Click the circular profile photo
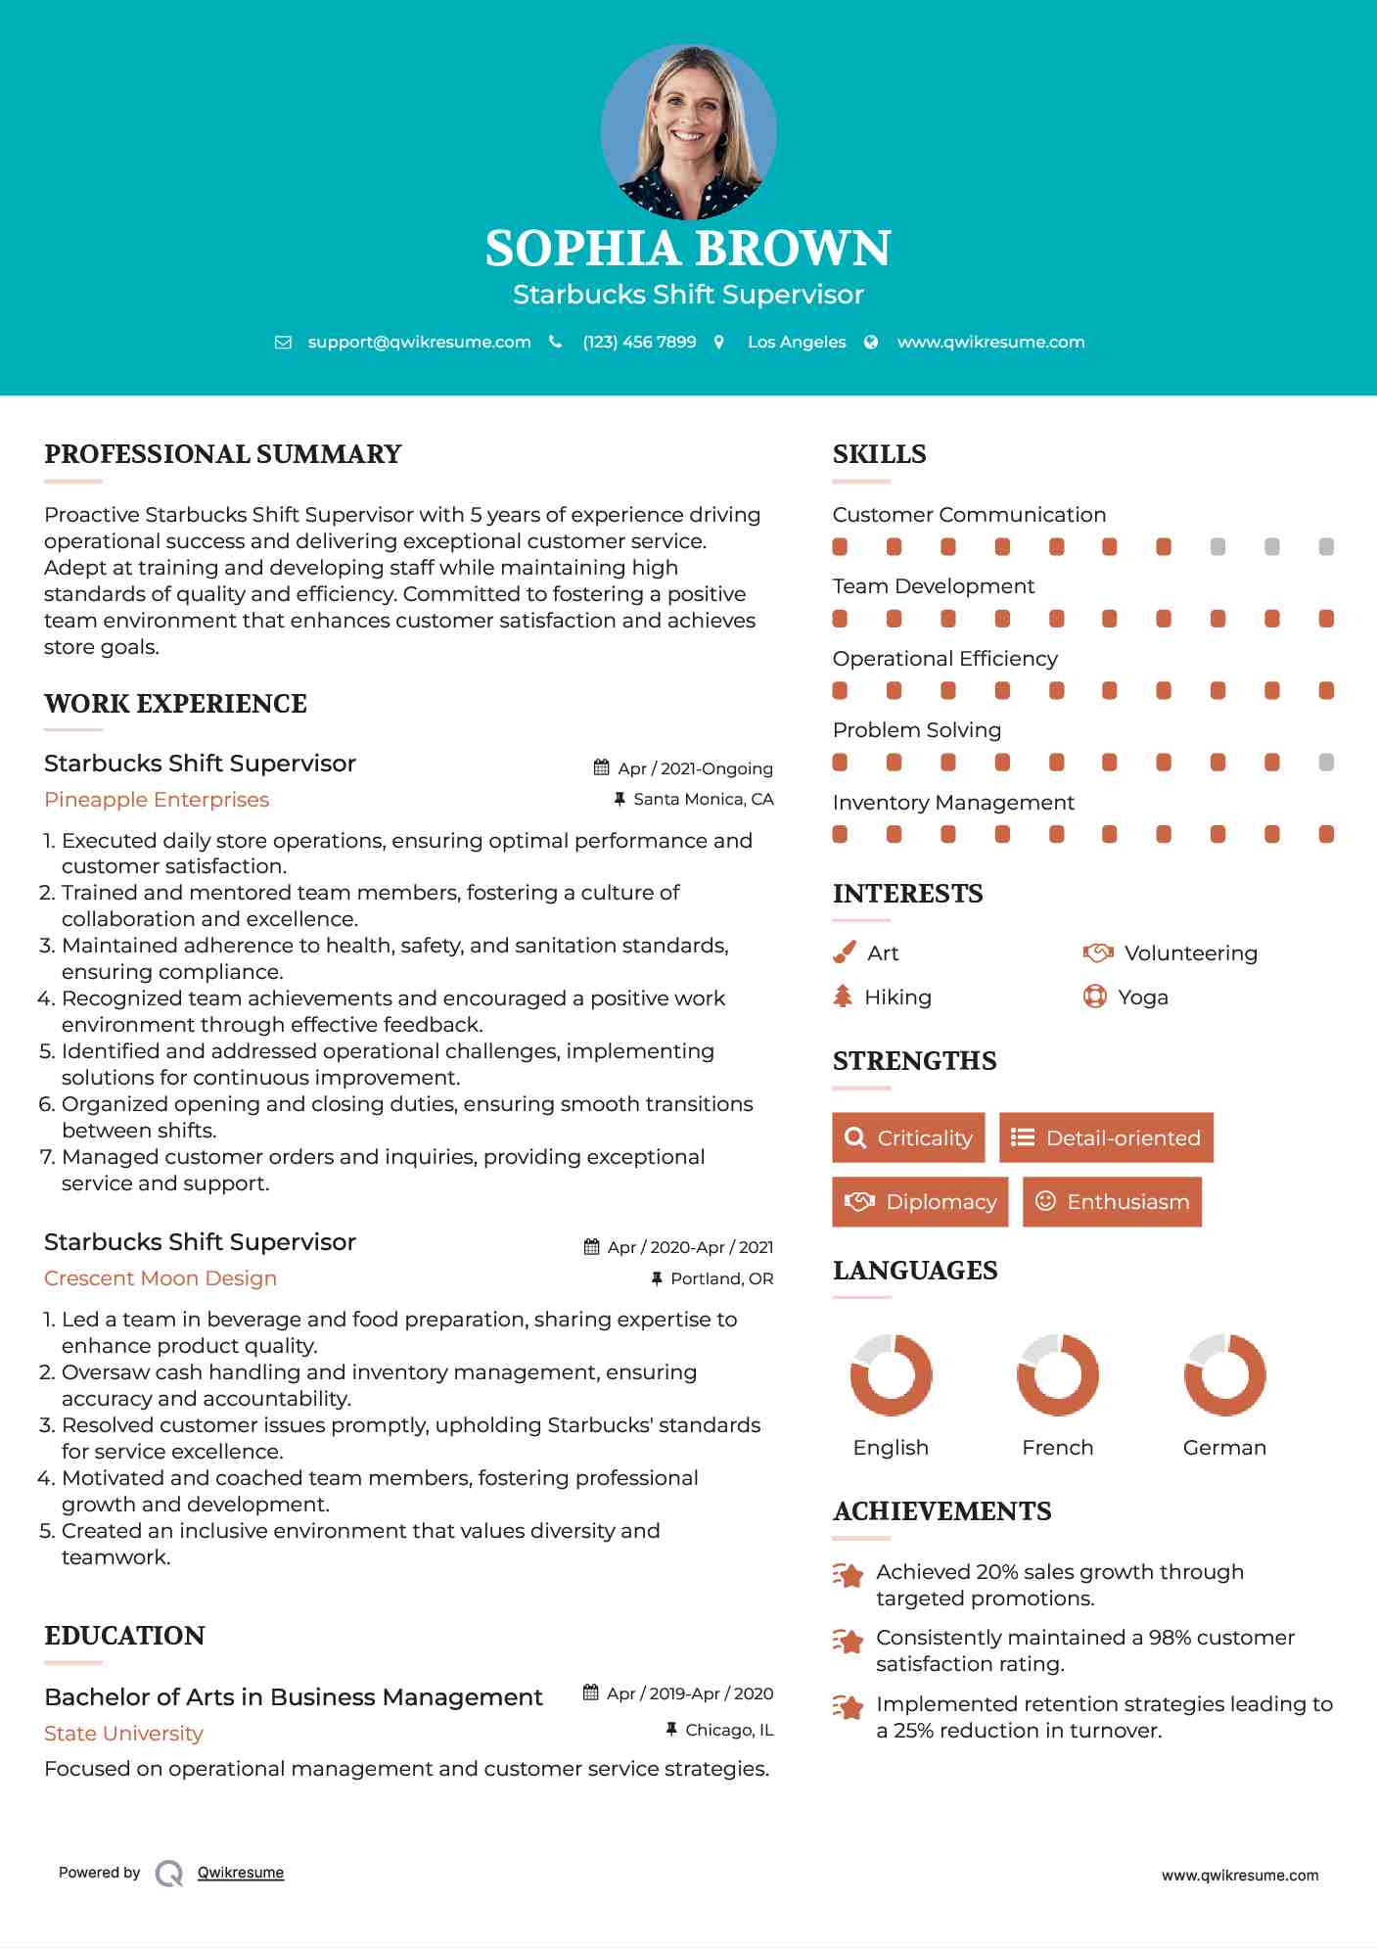point(688,131)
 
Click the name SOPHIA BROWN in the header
point(688,249)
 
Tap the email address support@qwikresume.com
point(419,343)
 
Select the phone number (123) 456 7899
point(639,343)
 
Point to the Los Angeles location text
point(797,343)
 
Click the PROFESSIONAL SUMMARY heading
point(223,454)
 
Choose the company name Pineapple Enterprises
point(157,800)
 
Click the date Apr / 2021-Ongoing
point(695,769)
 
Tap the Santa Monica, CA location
point(703,800)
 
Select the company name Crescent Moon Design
point(161,1278)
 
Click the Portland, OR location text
point(721,1279)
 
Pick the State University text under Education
point(123,1734)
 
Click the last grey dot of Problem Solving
point(1326,763)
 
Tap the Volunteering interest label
point(1190,953)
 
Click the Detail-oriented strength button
point(1106,1137)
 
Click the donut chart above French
point(1057,1374)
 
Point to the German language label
point(1224,1448)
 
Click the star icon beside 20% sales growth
point(848,1575)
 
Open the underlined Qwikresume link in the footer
point(241,1873)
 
